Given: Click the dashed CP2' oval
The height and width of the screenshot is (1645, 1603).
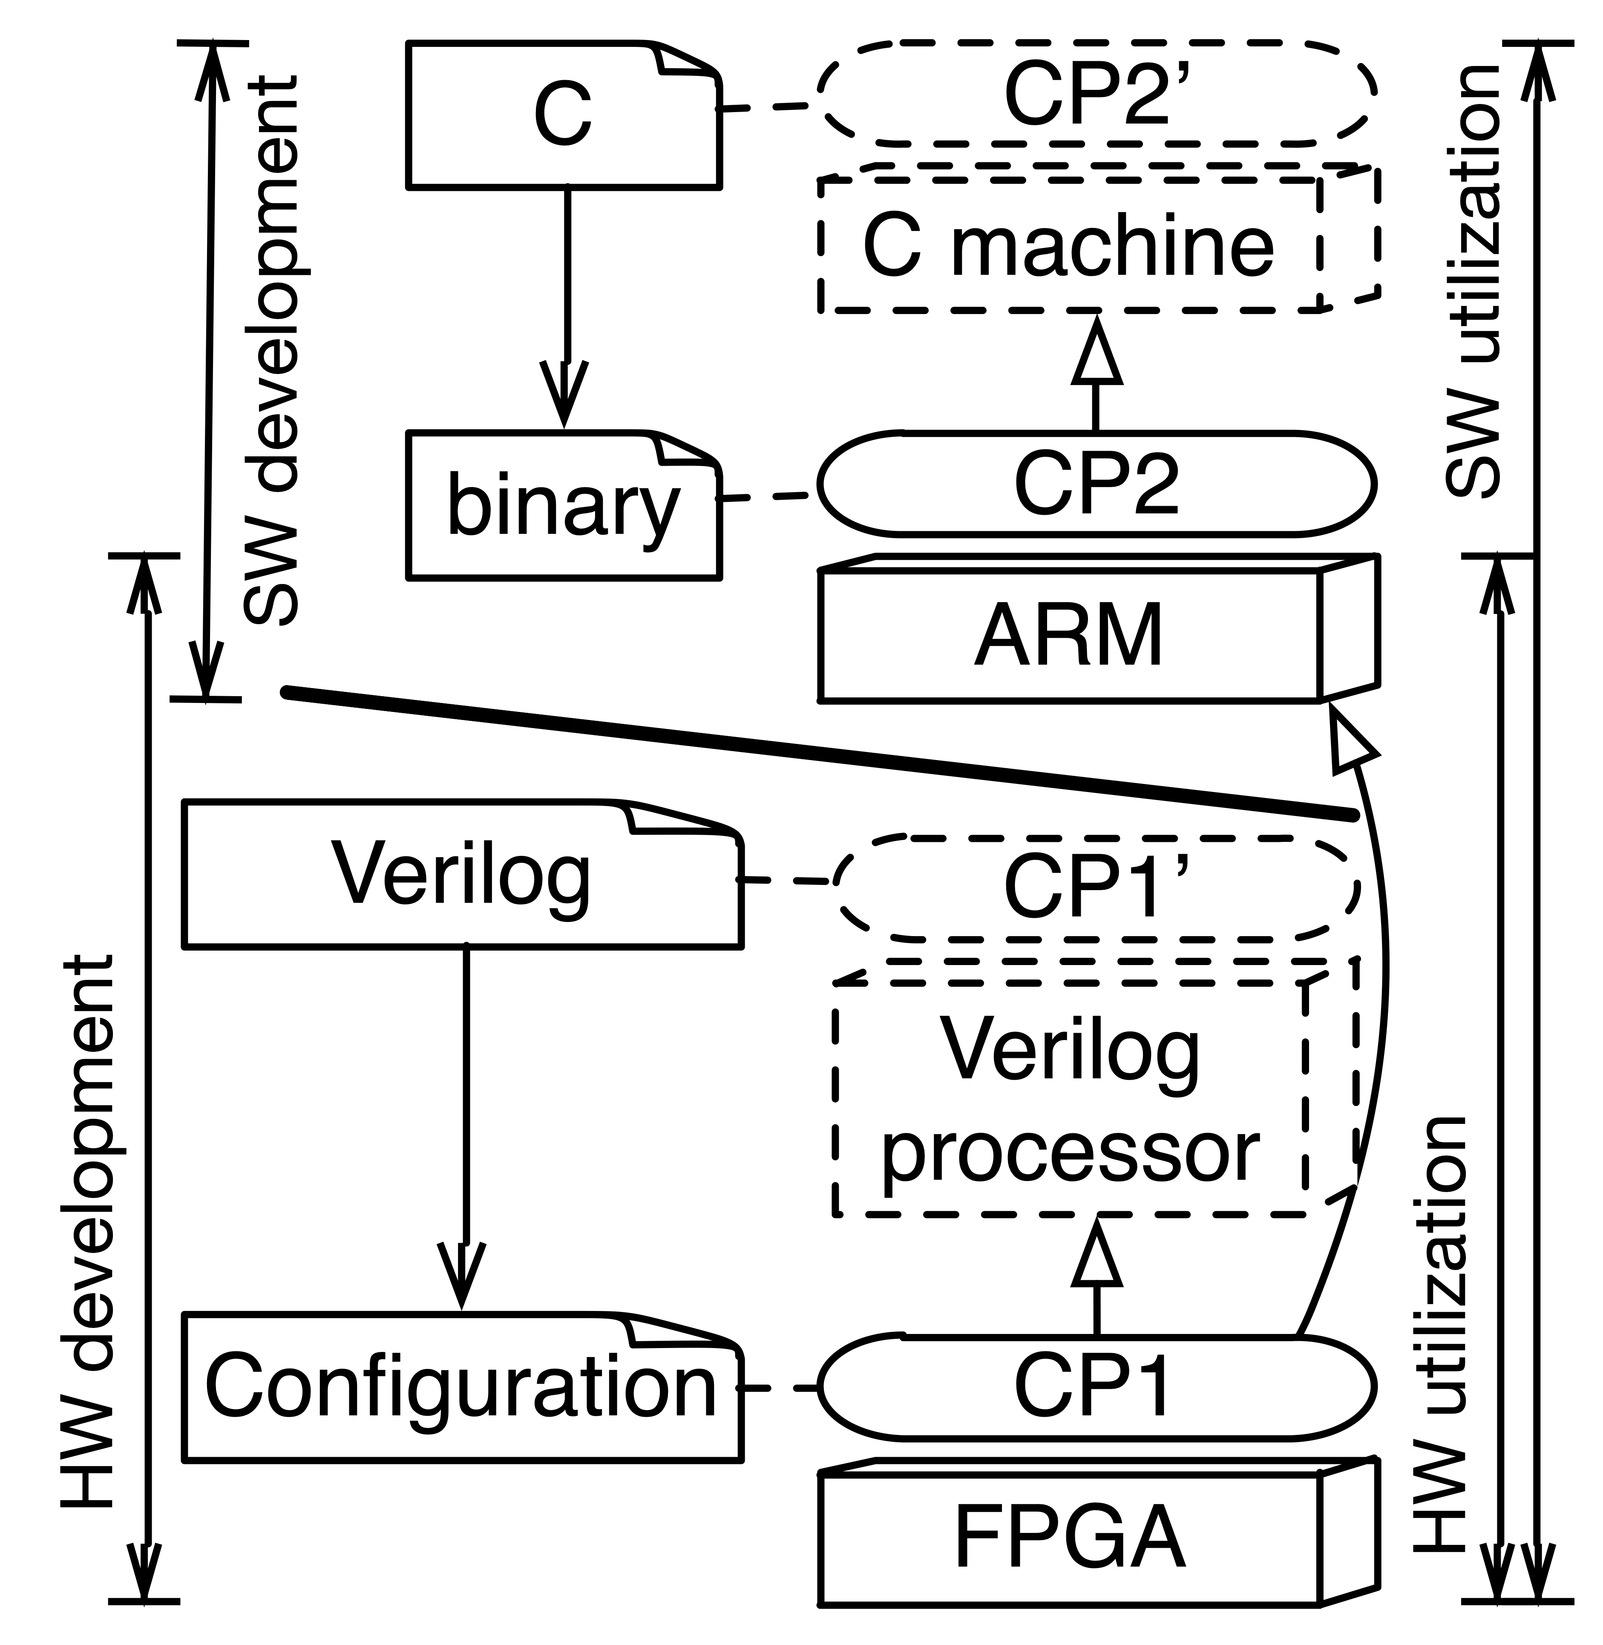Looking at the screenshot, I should tap(1097, 92).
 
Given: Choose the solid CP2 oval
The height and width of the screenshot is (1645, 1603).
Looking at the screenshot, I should tap(1097, 484).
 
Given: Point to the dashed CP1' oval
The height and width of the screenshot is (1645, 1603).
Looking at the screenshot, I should tap(1097, 888).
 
